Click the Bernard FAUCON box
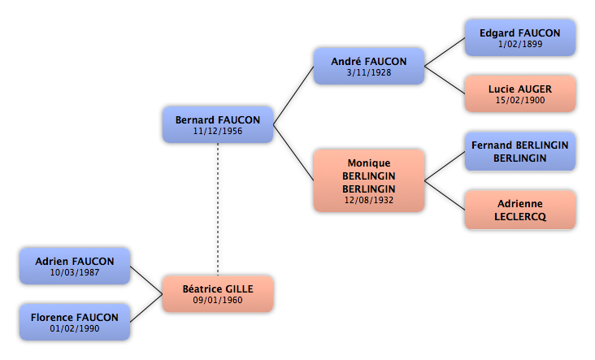[218, 125]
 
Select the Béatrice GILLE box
[218, 294]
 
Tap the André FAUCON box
[369, 66]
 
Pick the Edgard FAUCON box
[520, 38]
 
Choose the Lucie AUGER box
[520, 93]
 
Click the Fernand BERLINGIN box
[520, 151]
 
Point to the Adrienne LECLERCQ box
[520, 210]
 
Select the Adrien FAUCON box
[75, 266]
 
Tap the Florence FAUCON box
[75, 322]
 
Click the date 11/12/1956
[218, 132]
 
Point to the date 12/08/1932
[369, 200]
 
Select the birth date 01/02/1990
[75, 328]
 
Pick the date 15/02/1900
[520, 100]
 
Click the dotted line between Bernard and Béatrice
[218, 210]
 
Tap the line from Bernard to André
[293, 96]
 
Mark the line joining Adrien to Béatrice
[146, 280]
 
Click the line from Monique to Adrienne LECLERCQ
[445, 195]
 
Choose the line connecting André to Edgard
[445, 52]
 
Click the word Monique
[369, 163]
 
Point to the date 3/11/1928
[369, 72]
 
